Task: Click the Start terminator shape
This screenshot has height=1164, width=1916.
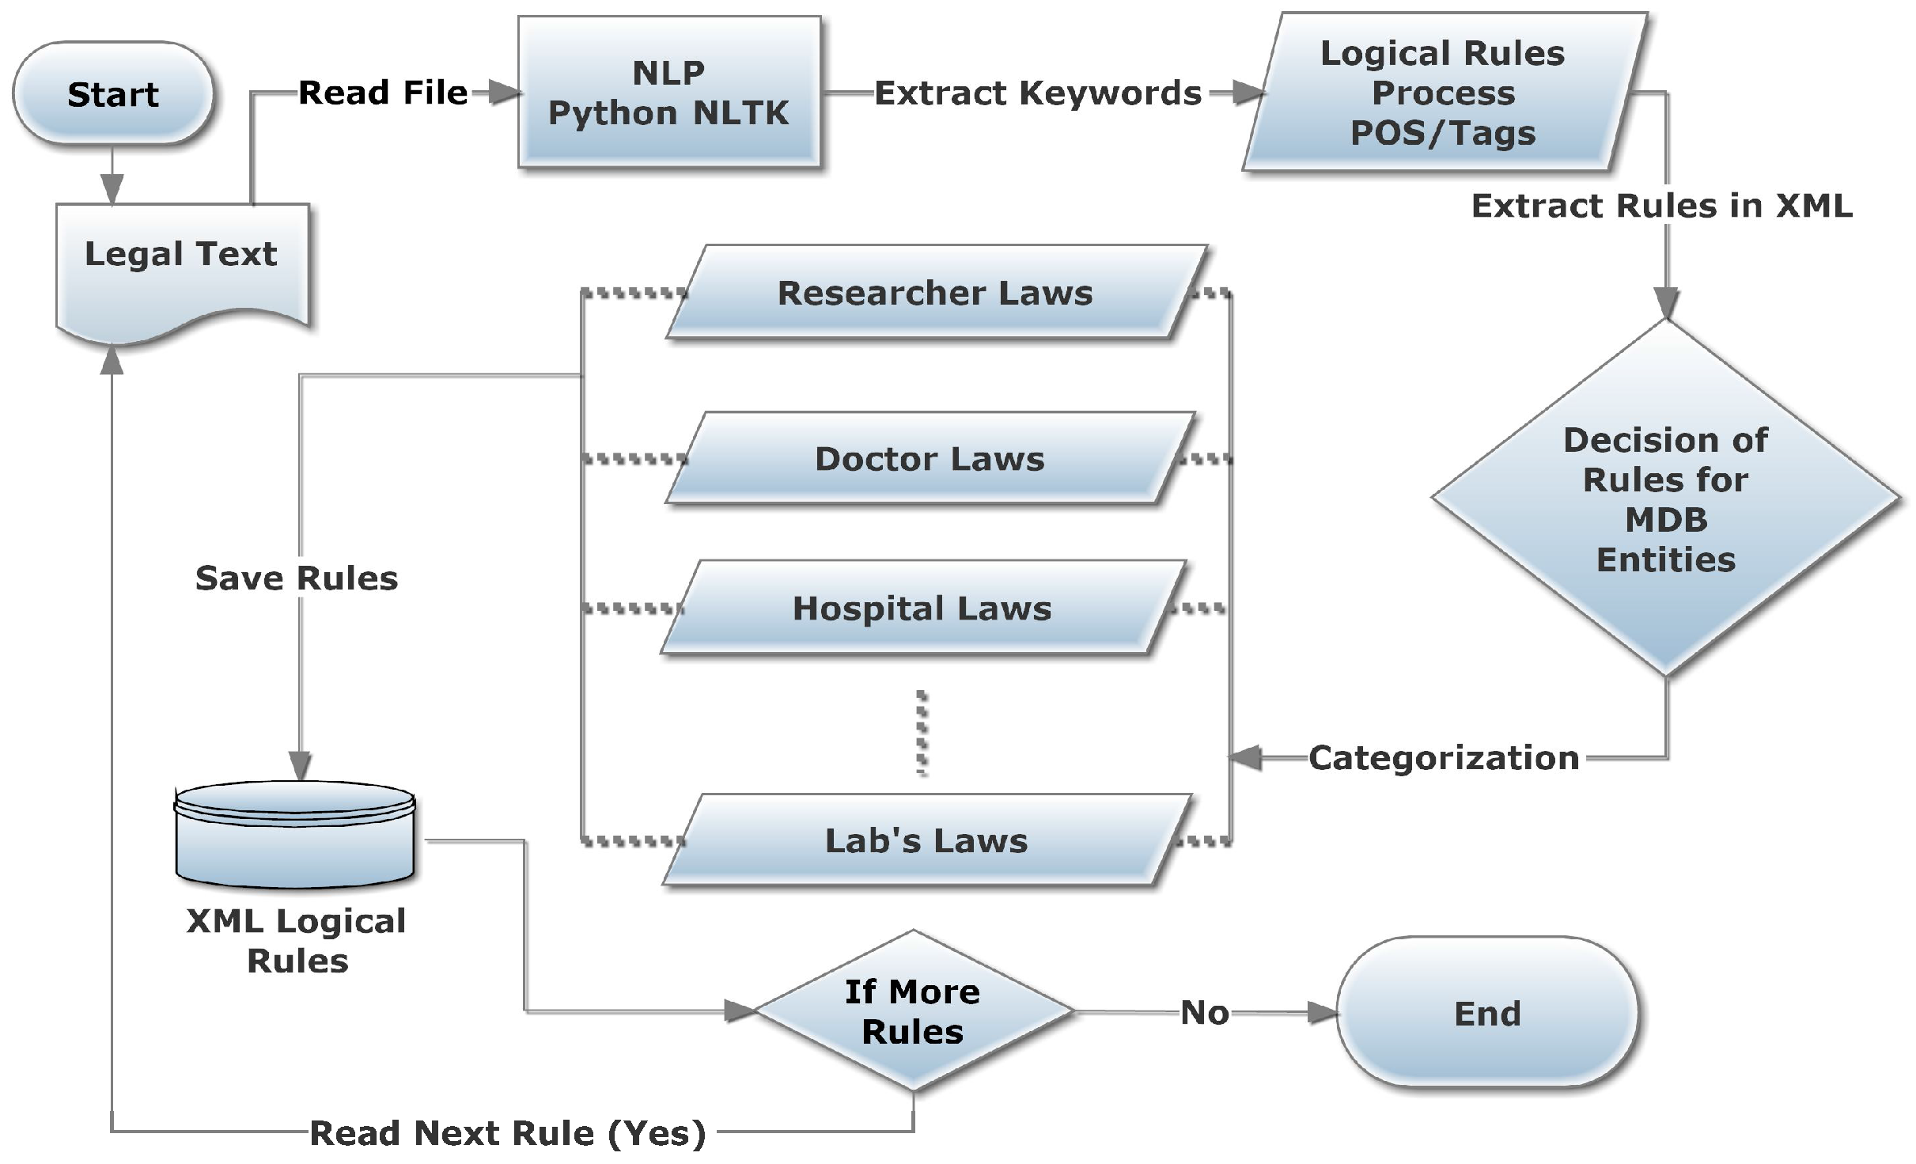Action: click(112, 93)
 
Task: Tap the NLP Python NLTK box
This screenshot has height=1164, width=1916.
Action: click(669, 93)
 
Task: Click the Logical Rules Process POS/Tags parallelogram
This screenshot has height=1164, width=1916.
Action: click(1443, 93)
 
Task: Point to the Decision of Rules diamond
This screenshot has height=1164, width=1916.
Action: click(1666, 499)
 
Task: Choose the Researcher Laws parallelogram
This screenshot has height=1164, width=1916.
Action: click(935, 293)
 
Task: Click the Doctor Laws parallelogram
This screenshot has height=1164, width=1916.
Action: click(930, 459)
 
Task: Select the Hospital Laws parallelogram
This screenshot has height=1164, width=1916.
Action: click(922, 609)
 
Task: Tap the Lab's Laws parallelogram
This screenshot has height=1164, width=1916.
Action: click(926, 840)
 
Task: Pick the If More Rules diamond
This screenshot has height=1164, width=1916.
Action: click(913, 1011)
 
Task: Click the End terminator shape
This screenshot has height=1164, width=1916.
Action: click(1487, 1013)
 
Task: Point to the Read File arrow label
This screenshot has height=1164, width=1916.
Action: click(383, 93)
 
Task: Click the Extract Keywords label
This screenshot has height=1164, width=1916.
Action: click(1038, 93)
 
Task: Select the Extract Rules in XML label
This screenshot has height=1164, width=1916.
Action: click(1661, 206)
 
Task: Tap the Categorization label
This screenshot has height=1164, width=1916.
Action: click(1444, 757)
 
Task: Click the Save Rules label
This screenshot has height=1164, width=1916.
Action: click(297, 578)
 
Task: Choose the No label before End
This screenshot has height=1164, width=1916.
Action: click(1205, 1013)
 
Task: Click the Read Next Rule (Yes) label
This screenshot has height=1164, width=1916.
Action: click(507, 1132)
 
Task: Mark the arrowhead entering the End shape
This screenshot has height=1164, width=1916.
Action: click(1322, 1013)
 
